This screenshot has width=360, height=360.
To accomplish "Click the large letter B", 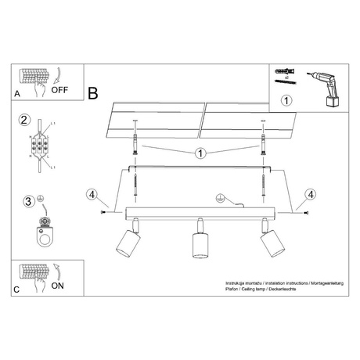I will (93, 95).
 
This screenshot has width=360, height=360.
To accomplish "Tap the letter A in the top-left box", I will (17, 93).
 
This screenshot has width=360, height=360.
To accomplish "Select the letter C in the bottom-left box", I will (17, 290).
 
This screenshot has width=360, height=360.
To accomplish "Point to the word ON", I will (58, 286).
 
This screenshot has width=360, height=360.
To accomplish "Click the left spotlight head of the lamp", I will (124, 244).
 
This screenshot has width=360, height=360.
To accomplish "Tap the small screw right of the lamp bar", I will (305, 212).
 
